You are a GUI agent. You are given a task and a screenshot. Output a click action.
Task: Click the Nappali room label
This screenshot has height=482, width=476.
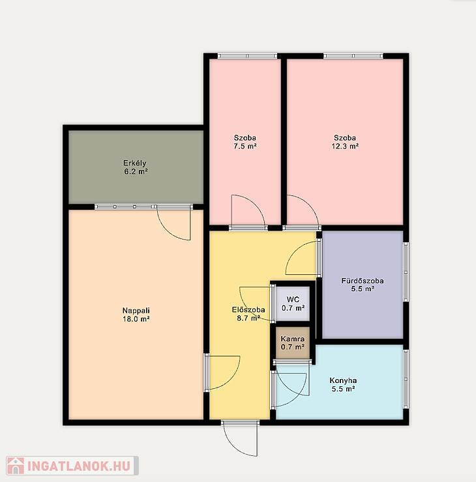click(x=136, y=311)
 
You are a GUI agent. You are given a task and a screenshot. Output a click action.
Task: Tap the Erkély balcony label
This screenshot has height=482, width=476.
click(x=135, y=163)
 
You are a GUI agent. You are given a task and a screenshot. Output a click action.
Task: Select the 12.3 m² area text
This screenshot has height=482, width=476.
click(x=345, y=147)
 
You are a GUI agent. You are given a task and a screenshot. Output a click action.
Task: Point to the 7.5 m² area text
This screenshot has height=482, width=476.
click(x=245, y=147)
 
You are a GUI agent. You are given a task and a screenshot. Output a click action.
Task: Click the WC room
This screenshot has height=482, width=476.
click(x=293, y=304)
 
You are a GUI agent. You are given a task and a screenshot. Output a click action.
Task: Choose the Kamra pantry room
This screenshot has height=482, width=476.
click(x=292, y=343)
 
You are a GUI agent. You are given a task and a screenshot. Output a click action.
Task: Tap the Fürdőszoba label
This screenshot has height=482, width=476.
click(x=363, y=281)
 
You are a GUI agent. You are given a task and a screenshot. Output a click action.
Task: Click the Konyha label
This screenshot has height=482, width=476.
click(x=343, y=380)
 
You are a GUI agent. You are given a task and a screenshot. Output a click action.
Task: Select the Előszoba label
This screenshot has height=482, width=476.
click(x=248, y=310)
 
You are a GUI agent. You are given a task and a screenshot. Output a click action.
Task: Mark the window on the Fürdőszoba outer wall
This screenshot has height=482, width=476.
click(x=406, y=272)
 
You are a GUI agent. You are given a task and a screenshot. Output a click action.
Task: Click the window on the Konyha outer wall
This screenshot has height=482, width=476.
click(x=406, y=379)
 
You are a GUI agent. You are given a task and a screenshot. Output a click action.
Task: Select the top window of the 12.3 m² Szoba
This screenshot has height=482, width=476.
click(x=353, y=56)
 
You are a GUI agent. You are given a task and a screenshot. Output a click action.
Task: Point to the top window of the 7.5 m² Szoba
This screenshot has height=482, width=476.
click(x=248, y=56)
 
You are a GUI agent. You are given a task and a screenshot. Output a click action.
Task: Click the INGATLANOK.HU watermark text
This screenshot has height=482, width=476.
click(x=79, y=466)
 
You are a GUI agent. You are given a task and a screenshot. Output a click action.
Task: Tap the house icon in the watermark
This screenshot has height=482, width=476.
click(x=16, y=466)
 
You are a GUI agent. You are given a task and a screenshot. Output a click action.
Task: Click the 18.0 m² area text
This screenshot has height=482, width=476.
click(x=136, y=319)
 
